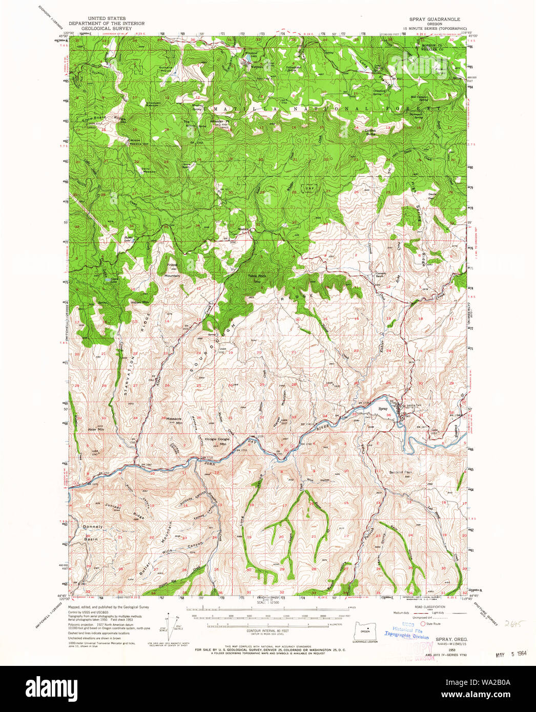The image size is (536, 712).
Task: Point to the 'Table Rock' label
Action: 257,276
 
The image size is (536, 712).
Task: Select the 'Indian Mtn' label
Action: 139,302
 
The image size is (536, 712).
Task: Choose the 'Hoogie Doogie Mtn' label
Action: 218,441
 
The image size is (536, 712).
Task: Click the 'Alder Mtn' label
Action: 96,429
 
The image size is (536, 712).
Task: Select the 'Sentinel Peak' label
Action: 401,472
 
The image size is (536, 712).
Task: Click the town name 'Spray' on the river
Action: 383,409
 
